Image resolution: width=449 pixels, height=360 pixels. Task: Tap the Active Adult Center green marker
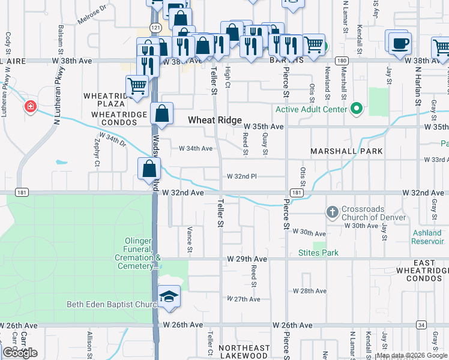pyautogui.click(x=357, y=109)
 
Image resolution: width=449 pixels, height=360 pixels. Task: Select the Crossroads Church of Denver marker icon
pyautogui.click(x=333, y=212)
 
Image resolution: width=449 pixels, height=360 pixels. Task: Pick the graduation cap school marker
pyautogui.click(x=169, y=296)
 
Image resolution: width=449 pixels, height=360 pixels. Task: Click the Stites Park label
pyautogui.click(x=318, y=253)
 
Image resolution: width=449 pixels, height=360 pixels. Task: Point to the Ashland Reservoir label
pyautogui.click(x=427, y=237)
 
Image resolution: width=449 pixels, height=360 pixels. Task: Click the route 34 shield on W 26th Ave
pyautogui.click(x=422, y=325)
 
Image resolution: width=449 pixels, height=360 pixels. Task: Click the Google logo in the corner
pyautogui.click(x=20, y=353)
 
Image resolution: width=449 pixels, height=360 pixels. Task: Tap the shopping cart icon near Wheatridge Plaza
pyautogui.click(x=137, y=86)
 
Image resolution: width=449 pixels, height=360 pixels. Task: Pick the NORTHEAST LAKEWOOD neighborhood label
pyautogui.click(x=244, y=352)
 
